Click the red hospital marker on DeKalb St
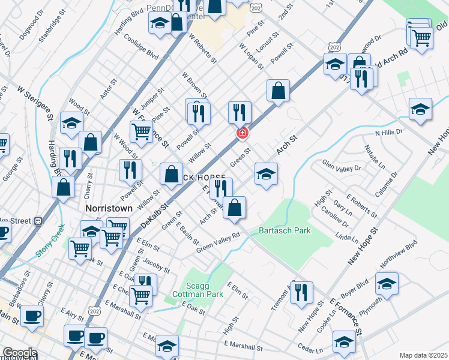click(243, 133)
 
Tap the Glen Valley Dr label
click(342, 167)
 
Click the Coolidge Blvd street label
click(140, 46)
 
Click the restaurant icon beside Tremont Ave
click(301, 292)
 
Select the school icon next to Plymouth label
click(387, 284)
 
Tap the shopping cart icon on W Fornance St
click(142, 130)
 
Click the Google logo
click(19, 353)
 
